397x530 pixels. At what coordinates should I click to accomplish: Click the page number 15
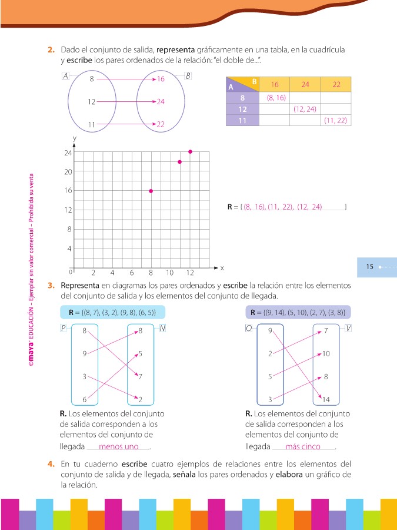coord(370,267)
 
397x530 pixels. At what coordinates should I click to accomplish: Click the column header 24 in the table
coord(305,84)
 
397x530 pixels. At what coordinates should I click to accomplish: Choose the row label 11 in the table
coord(242,120)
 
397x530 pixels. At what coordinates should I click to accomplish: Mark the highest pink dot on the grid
coord(190,152)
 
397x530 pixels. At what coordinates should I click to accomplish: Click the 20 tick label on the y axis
coord(68,171)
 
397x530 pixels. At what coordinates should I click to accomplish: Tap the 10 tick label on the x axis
coord(169,273)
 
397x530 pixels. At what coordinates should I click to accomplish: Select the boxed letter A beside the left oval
coord(65,75)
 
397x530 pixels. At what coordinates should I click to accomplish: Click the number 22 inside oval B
coord(161,124)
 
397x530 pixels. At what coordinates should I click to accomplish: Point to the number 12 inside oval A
coord(91,101)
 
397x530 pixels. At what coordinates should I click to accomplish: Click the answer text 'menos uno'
coord(119,446)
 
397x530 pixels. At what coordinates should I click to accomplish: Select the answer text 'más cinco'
coord(302,446)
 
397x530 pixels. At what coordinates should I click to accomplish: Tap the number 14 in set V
coord(326,400)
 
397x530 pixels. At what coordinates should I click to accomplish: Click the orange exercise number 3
coord(51,286)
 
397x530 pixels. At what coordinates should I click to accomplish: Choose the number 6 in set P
coord(85,400)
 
